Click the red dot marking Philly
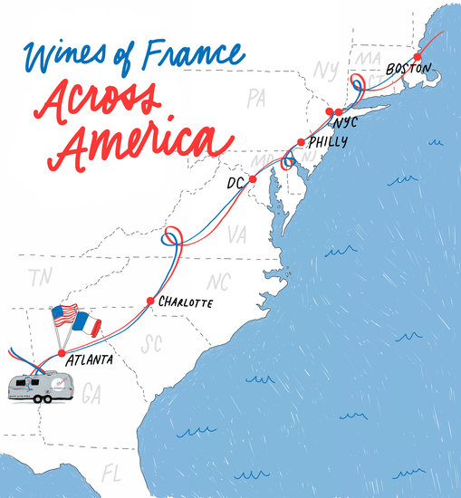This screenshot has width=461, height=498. click(x=301, y=141)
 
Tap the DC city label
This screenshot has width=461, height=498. click(x=235, y=184)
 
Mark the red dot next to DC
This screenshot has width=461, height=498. click(x=253, y=179)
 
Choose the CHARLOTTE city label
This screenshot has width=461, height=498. click(x=185, y=302)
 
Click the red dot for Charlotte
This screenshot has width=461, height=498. click(x=150, y=301)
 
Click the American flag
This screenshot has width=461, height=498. click(x=64, y=316)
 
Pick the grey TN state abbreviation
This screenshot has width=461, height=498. click(x=38, y=277)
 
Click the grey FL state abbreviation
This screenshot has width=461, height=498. click(x=113, y=474)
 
